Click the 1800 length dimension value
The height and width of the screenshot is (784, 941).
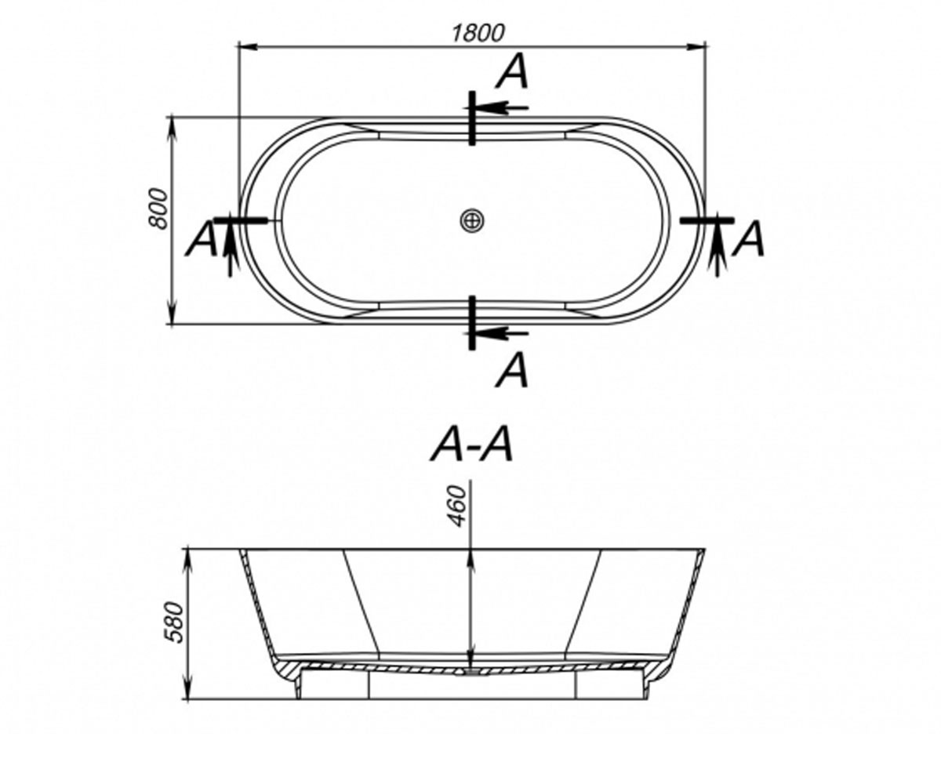[x=478, y=33]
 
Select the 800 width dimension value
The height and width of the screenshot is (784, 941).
[x=158, y=209]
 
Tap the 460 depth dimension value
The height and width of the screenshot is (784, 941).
[x=457, y=506]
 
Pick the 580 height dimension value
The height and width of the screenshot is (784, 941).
[x=173, y=622]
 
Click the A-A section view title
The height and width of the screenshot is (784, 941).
[x=471, y=444]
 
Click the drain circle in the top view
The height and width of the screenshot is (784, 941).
[x=472, y=221]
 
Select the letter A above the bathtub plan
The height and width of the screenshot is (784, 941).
[x=512, y=71]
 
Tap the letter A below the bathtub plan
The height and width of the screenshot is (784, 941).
[x=512, y=370]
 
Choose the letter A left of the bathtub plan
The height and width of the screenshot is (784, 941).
[x=202, y=238]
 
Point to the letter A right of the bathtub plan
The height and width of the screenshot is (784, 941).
[x=747, y=238]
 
